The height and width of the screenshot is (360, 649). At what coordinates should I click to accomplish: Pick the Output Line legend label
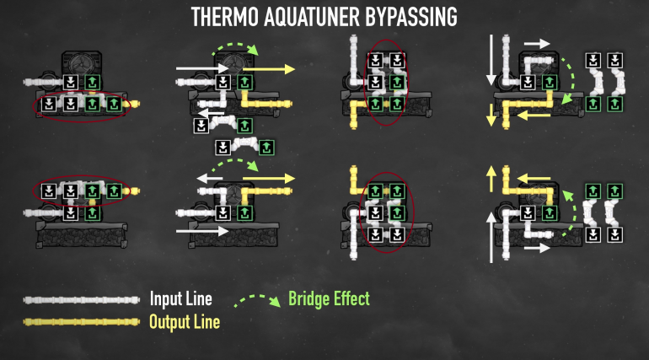point(185,321)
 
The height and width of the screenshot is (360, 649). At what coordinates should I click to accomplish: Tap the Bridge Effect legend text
point(329,298)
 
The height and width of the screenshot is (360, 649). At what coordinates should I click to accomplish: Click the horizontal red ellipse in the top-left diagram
point(80,105)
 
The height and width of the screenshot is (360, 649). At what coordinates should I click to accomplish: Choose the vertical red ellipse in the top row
point(387,82)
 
